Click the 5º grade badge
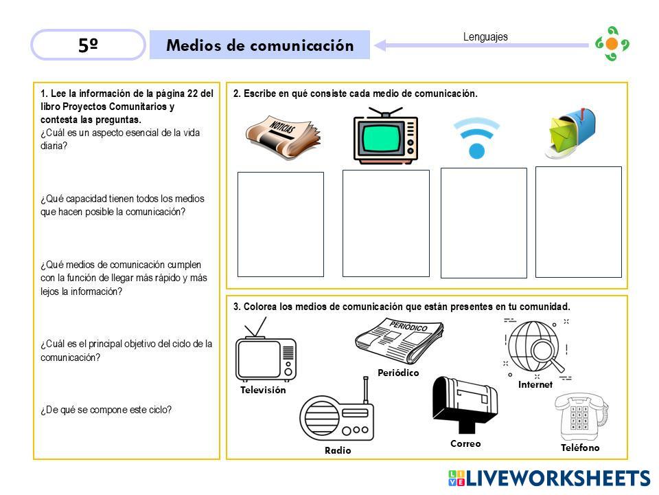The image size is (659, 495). (89, 45)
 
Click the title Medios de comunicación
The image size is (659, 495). (259, 45)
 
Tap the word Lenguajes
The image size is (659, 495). (485, 37)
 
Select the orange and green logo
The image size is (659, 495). (612, 44)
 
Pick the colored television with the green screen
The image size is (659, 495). (386, 135)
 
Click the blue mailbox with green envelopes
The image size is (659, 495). (570, 133)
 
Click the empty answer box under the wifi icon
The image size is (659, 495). (484, 223)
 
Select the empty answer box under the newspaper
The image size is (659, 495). (281, 224)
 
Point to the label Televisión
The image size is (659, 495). (263, 390)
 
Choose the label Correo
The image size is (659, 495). (465, 443)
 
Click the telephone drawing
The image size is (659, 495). (581, 417)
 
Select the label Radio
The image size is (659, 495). (338, 450)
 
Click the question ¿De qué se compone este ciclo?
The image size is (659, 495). (106, 410)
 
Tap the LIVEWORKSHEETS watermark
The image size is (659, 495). (549, 478)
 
